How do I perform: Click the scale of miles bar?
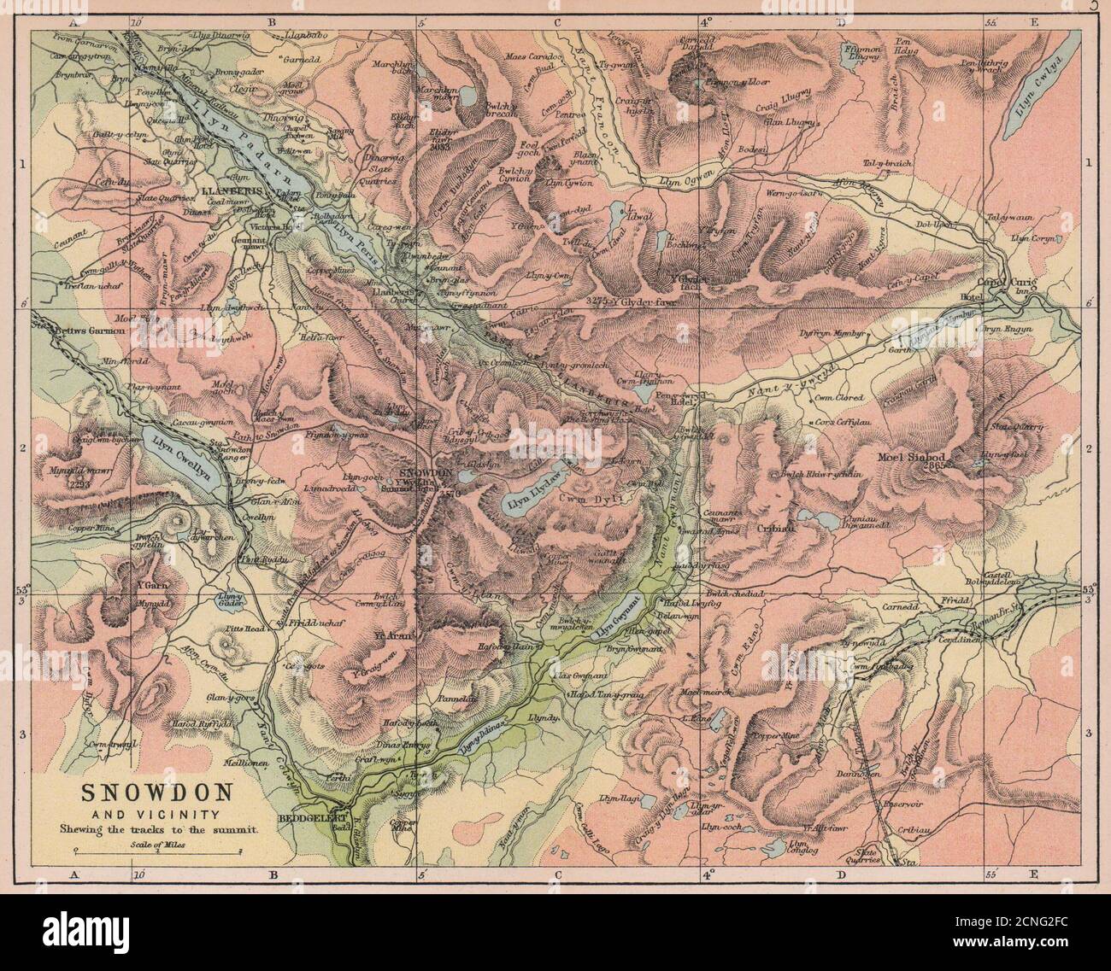click(157, 850)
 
